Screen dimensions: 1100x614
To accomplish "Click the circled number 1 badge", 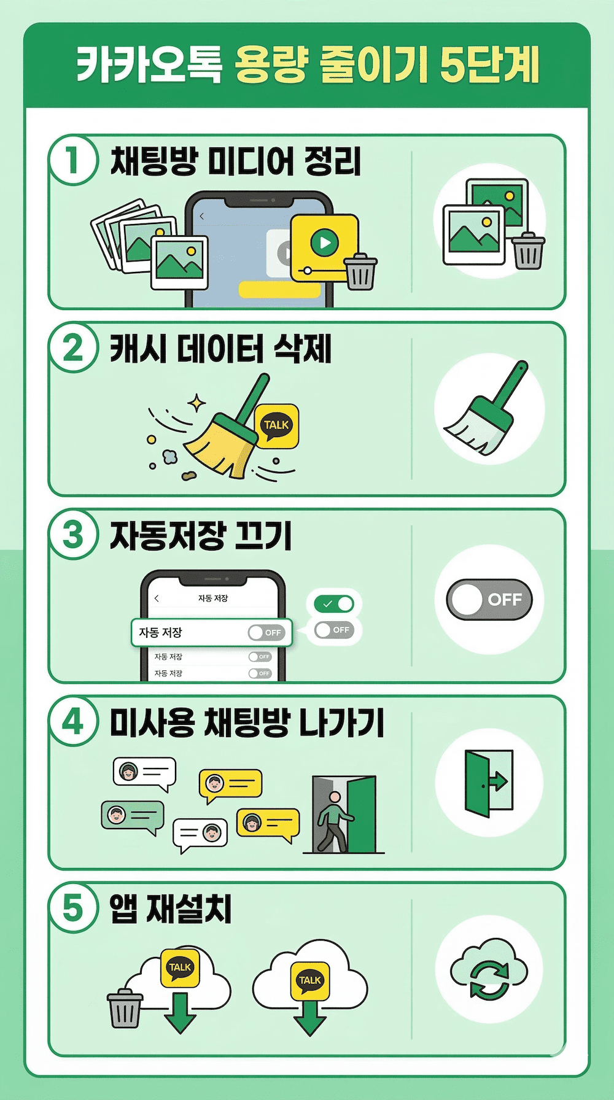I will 73,161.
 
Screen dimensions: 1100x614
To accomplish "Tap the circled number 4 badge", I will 73,721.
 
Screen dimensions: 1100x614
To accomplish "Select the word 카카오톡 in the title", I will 149,65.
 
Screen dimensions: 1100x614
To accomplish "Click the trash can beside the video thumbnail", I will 360,271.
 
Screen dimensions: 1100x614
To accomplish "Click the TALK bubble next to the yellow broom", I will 276,425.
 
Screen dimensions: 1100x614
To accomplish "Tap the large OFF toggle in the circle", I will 489,599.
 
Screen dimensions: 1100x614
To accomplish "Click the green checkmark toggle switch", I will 335,604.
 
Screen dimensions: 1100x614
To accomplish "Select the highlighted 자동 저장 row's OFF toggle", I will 266,632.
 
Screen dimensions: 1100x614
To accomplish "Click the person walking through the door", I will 332,819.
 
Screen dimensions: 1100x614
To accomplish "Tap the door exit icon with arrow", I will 489,783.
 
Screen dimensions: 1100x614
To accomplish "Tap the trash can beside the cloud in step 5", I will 125,1008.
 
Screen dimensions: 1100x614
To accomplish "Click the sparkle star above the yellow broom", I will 196,403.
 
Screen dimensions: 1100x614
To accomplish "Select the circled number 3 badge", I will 73,534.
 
